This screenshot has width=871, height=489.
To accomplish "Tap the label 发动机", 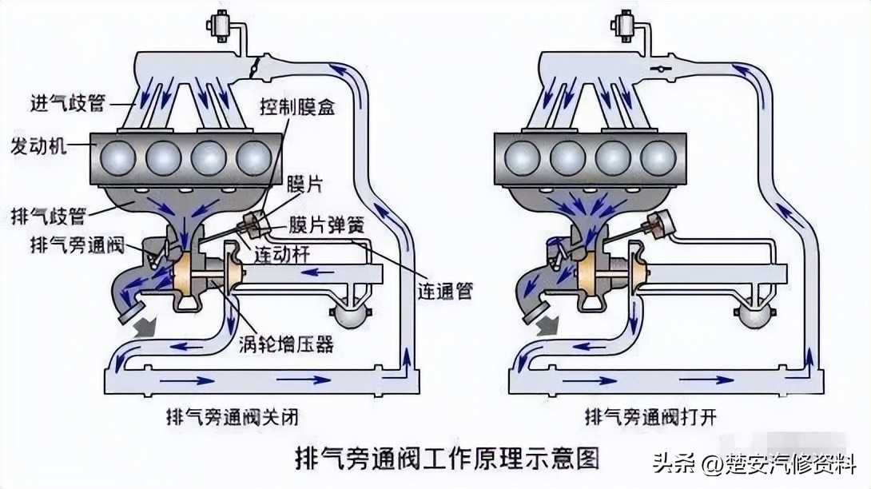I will coord(38,148).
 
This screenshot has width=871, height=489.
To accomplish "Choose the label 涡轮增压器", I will coord(285,345).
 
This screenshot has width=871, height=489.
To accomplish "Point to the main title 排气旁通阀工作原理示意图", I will coord(435,459).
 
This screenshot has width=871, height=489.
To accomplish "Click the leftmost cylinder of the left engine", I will coord(115,157).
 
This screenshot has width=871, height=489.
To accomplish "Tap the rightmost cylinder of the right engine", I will coord(657,157).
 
